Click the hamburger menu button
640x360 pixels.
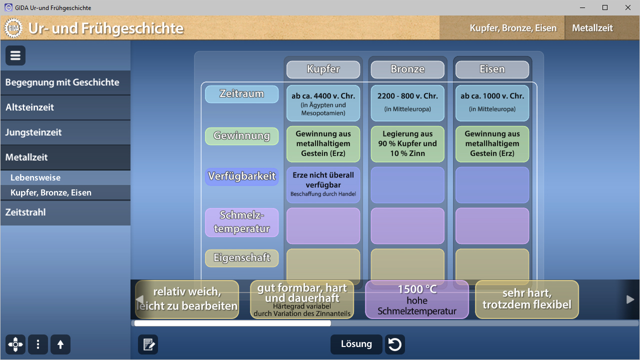(x=15, y=55)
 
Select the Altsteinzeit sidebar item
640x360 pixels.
(x=65, y=107)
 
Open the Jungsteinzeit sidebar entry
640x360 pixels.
(x=65, y=132)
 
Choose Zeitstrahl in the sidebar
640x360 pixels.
(x=65, y=212)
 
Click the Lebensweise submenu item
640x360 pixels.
(x=65, y=177)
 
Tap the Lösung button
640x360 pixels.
(x=356, y=344)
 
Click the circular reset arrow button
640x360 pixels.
(x=395, y=344)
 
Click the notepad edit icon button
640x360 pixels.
(x=148, y=344)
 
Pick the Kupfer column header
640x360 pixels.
(x=323, y=69)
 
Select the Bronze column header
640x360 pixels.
(x=407, y=69)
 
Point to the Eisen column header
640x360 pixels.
(x=492, y=69)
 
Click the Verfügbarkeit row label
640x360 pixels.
(x=241, y=176)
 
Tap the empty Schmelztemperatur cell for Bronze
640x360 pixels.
(x=407, y=226)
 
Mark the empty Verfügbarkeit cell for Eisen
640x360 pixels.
(x=492, y=185)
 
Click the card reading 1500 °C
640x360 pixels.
(x=417, y=299)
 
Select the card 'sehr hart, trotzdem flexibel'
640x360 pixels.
(x=527, y=299)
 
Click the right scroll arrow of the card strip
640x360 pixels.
(x=630, y=299)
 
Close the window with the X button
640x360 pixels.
(x=627, y=7)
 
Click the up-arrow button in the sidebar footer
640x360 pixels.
(x=60, y=344)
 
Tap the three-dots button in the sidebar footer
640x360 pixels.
(x=38, y=344)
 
